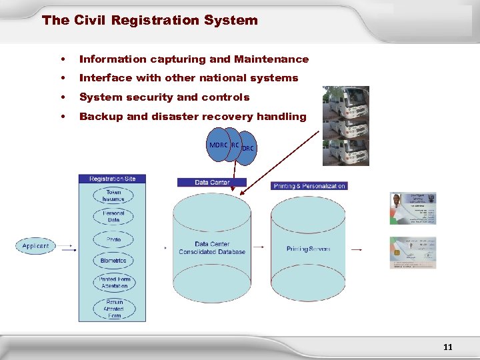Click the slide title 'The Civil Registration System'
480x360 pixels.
(x=149, y=20)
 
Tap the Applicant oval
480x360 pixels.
(x=35, y=246)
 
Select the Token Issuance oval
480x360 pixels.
(x=113, y=195)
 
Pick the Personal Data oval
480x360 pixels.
(x=113, y=216)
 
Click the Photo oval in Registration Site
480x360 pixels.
(x=113, y=239)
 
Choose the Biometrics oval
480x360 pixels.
(x=113, y=261)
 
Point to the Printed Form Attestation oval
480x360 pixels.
(x=114, y=283)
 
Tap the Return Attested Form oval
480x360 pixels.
(x=113, y=307)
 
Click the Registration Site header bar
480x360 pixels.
(x=113, y=179)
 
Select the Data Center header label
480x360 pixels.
(x=212, y=182)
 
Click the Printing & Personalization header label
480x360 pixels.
(x=309, y=185)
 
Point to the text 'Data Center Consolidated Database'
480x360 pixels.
(x=212, y=248)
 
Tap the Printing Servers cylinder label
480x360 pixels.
(x=308, y=249)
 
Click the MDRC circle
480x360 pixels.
(x=218, y=145)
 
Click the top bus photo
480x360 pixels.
(x=345, y=103)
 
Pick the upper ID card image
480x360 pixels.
(x=413, y=208)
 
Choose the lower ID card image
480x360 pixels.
(x=413, y=253)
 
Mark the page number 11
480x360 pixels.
(x=447, y=347)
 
